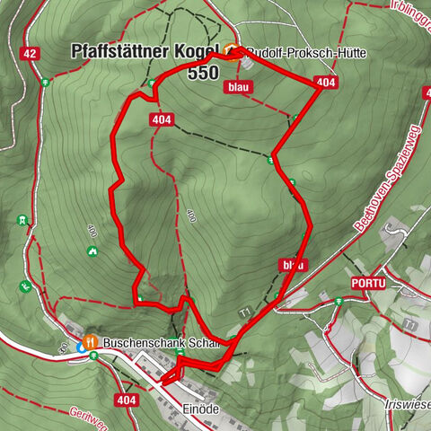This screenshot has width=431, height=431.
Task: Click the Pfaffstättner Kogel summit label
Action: (144, 53)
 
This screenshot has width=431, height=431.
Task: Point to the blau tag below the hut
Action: (237, 87)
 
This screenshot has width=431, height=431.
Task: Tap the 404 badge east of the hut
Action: (326, 83)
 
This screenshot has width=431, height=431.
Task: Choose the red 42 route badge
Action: (31, 54)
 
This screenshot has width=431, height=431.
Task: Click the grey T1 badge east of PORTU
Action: (410, 323)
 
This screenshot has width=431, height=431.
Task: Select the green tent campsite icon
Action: (92, 251)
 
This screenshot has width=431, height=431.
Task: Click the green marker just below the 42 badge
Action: (43, 83)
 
